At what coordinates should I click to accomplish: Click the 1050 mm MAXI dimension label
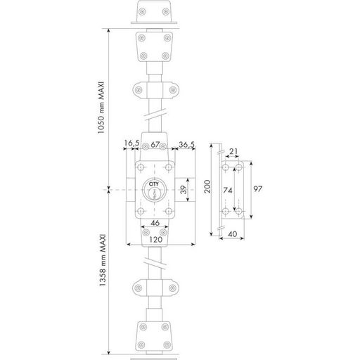coord(101,108)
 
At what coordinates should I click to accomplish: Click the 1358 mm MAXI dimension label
coord(103,260)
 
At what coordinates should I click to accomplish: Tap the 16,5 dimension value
coord(131,143)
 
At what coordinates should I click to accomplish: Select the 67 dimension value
coord(155,144)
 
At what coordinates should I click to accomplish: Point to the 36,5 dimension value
coord(186,145)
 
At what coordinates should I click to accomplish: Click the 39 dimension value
coord(184,189)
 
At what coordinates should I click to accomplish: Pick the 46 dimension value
coord(155,223)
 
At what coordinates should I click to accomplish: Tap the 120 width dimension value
coord(156,240)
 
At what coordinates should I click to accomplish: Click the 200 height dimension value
coord(207,186)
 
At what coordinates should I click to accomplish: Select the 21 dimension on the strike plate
coord(233,152)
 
